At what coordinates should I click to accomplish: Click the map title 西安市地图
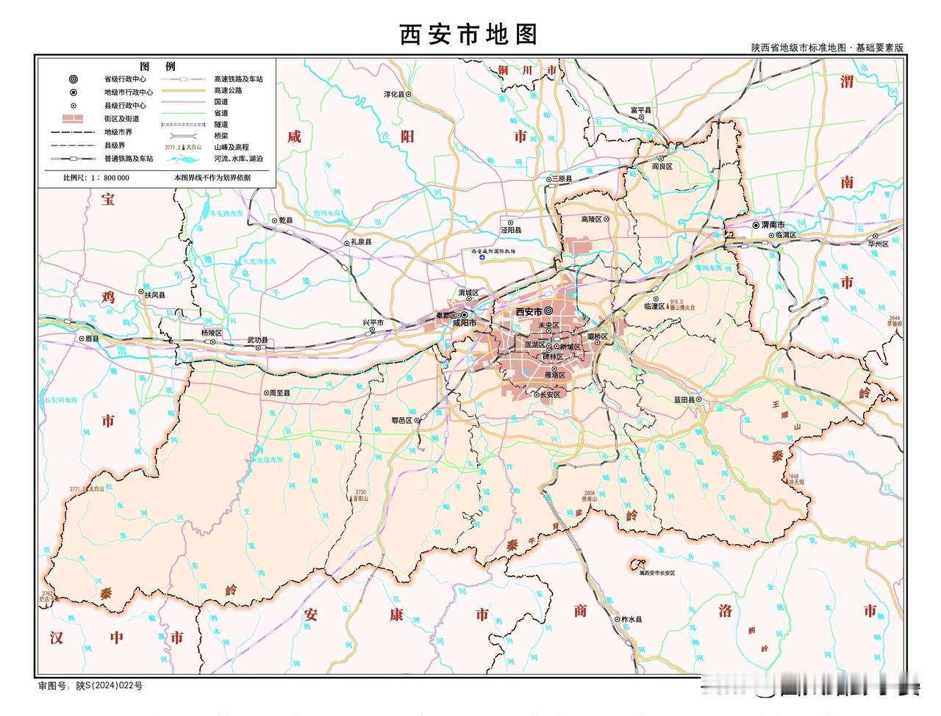pyautogui.click(x=469, y=34)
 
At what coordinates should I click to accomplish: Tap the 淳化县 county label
pyautogui.click(x=394, y=95)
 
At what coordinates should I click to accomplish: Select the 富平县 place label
pyautogui.click(x=641, y=110)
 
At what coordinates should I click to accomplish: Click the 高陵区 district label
pyautogui.click(x=592, y=220)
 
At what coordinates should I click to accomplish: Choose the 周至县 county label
pyautogui.click(x=279, y=393)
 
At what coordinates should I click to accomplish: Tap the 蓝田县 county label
pyautogui.click(x=684, y=399)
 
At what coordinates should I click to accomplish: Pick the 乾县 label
pyautogui.click(x=285, y=220)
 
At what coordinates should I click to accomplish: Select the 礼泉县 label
pyautogui.click(x=360, y=242)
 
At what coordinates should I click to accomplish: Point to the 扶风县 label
pyautogui.click(x=154, y=294)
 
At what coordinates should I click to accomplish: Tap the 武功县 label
pyautogui.click(x=257, y=341)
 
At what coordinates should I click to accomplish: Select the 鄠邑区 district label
pyautogui.click(x=402, y=421)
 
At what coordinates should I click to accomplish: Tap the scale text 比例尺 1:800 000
pyautogui.click(x=96, y=178)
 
